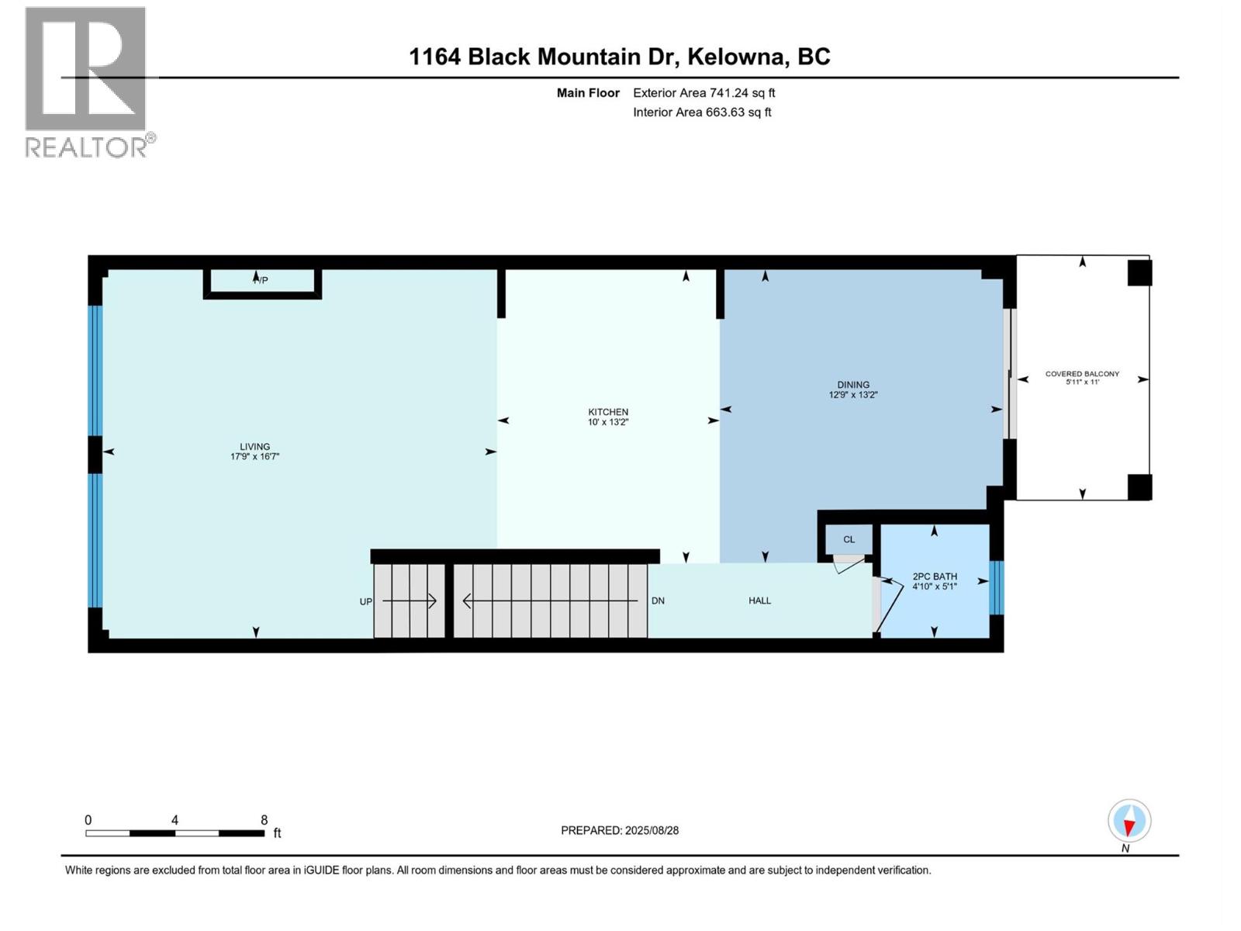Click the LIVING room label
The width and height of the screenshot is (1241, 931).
[x=254, y=447]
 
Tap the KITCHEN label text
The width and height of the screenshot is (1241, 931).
[x=608, y=412]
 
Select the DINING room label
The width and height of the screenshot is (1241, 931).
[x=853, y=385]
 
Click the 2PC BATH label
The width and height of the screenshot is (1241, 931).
[x=935, y=576]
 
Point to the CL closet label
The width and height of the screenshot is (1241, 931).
[x=849, y=539]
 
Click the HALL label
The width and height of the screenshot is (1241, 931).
[x=759, y=600]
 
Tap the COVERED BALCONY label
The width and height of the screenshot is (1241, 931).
[x=1082, y=374]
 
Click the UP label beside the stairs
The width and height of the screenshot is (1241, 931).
[x=365, y=601]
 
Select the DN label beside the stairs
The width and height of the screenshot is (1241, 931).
[x=658, y=600]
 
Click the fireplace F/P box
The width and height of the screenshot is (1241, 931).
[x=262, y=281]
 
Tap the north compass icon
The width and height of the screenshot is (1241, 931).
[x=1129, y=822]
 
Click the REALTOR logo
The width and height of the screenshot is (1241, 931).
[x=87, y=81]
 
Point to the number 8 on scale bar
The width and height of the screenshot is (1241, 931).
[x=264, y=820]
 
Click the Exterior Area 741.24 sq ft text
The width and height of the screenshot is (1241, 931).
[x=703, y=93]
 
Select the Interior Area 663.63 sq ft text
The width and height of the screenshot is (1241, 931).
[x=702, y=112]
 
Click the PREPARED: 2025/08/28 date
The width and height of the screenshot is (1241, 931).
[x=620, y=830]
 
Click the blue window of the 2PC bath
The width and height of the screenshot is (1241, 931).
[x=997, y=587]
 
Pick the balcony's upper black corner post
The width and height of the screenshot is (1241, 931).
[x=1139, y=273]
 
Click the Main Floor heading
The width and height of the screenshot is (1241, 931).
[x=588, y=93]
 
